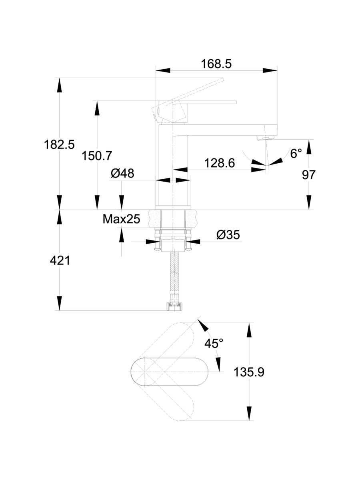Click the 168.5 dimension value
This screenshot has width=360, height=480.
tap(217, 64)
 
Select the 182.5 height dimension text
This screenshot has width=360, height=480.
tap(59, 144)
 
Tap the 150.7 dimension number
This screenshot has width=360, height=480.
tap(97, 155)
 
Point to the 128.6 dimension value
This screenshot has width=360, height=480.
tap(219, 163)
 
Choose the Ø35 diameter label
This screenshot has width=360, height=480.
tap(228, 235)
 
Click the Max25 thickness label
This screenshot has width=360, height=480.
tap(121, 219)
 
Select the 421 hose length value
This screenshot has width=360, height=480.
tap(60, 261)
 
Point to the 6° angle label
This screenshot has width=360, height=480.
tap(296, 153)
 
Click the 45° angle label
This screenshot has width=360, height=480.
tap(214, 343)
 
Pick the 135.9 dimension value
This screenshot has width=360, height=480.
tap(249, 372)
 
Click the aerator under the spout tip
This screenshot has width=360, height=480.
tap(264, 138)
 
